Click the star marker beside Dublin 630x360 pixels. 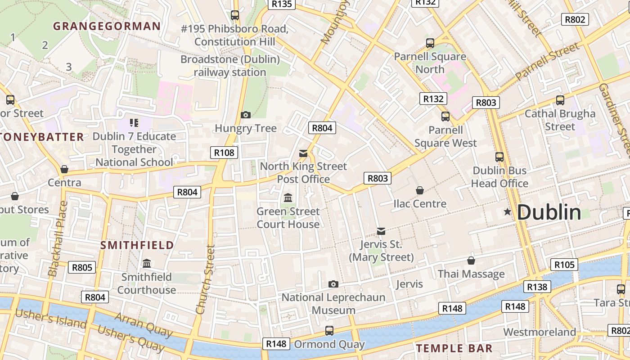508,211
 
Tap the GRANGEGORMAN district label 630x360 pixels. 107,26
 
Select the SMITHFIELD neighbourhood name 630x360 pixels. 137,245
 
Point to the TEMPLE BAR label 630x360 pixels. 454,348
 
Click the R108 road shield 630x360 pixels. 224,153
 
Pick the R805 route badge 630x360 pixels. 82,268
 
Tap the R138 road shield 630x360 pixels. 537,287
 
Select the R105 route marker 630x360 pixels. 564,265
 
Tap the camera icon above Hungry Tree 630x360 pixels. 245,115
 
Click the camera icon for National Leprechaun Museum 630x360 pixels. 333,284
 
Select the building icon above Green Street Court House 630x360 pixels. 288,198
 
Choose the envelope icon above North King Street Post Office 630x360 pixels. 303,153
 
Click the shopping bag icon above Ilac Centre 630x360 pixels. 419,190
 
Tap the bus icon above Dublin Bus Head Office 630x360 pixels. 499,157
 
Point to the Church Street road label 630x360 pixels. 205,279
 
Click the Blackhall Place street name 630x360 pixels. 58,238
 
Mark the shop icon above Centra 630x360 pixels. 64,170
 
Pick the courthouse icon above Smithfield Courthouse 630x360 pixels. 147,264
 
